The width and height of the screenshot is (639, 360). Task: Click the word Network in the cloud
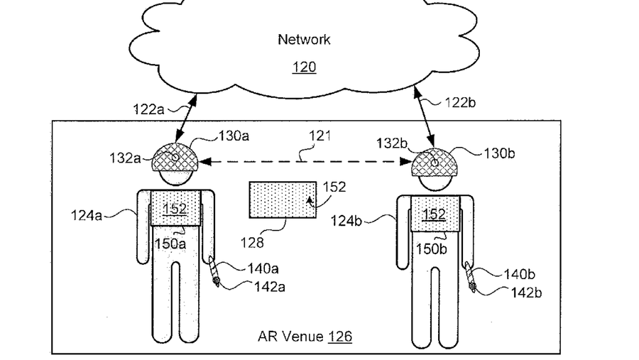point(303,40)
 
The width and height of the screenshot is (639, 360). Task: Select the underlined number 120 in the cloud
point(304,67)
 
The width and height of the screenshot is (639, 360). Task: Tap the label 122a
point(149,109)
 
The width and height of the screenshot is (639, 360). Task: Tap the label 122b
point(461,102)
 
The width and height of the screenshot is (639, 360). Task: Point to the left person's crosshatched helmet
point(175,158)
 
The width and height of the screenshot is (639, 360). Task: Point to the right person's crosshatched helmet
point(435,162)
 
